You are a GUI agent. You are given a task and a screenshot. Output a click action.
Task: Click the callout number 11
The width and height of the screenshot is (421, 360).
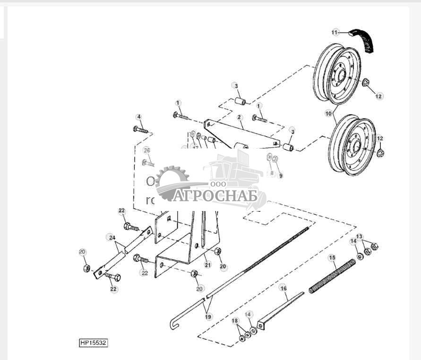pos(335,32)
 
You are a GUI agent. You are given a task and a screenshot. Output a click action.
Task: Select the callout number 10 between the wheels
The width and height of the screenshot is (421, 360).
pos(328,114)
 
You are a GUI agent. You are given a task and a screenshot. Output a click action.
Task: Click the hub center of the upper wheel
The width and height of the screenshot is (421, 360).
pos(339,74)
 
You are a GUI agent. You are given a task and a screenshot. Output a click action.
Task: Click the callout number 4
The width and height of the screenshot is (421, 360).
pos(138,117)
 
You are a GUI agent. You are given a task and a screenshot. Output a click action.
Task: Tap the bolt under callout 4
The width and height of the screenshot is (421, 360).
pos(141,129)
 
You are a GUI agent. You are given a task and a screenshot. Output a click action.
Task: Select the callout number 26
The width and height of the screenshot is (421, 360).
pos(146,150)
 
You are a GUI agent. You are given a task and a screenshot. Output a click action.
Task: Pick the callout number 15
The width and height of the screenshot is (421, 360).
pos(332,257)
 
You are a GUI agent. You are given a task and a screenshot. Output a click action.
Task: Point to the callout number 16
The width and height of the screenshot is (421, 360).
pos(283,288)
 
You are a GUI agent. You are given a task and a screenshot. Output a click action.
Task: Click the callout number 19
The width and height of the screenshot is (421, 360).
pos(208,316)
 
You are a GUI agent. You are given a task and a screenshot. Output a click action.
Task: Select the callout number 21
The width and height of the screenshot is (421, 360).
pos(207,263)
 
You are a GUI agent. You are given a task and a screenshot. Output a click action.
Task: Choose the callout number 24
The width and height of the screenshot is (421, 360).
pos(112,237)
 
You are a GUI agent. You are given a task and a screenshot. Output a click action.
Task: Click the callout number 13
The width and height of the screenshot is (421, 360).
pos(359,236)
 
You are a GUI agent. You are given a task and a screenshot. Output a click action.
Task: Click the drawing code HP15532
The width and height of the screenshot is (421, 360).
pos(93,342)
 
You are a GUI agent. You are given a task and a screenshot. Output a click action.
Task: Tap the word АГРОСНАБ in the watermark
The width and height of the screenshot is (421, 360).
pos(215,195)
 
